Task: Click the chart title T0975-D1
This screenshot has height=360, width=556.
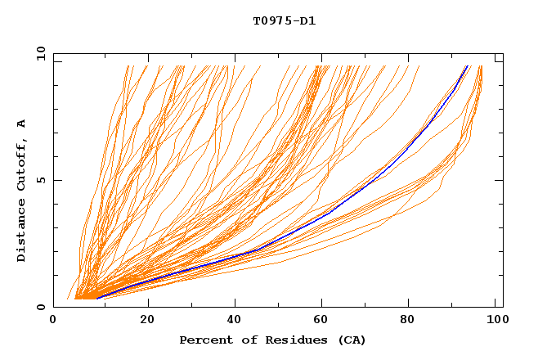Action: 285,21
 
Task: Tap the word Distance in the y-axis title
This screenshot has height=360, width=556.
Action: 22,232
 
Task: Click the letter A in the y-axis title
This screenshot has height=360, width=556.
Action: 22,124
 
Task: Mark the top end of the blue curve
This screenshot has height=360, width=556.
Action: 468,65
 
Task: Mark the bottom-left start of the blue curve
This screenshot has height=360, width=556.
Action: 97,298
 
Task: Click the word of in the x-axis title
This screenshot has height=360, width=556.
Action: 244,340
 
